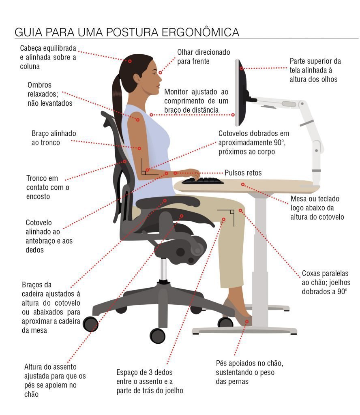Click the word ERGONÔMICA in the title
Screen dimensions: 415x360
coord(201,32)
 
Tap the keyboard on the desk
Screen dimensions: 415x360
coord(202,181)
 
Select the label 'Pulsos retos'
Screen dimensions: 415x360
coord(243,173)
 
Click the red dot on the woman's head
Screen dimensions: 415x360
coord(130,61)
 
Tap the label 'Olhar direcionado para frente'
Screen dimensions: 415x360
coord(204,57)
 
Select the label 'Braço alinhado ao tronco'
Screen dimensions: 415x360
coord(54,138)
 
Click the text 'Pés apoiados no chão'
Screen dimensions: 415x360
coord(249,363)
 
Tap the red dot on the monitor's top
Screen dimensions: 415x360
coord(242,68)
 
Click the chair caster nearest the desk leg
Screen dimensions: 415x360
coord(225,322)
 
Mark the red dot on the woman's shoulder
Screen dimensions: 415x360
coord(138,120)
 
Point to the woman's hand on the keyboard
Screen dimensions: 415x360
coord(193,174)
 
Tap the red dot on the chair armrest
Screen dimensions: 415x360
coord(165,200)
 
